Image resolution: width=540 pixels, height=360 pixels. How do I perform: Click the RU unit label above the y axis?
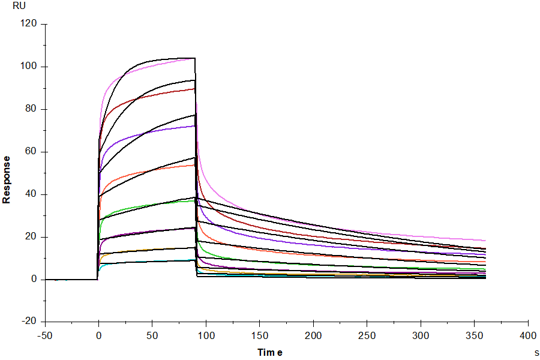(19, 6)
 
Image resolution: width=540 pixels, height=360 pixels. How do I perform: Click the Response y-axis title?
(6, 180)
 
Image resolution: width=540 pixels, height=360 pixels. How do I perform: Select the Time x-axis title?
(270, 352)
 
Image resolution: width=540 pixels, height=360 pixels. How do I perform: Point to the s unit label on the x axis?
(536, 353)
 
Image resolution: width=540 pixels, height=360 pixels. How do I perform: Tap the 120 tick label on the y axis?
(29, 23)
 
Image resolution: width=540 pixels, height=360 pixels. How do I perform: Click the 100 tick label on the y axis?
(29, 66)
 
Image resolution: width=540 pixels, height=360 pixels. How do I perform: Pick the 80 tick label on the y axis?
(31, 109)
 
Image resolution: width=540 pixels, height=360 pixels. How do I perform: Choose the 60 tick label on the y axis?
(31, 151)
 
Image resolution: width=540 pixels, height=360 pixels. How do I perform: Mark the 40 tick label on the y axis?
(31, 194)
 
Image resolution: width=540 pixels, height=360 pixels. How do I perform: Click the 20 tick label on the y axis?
(31, 236)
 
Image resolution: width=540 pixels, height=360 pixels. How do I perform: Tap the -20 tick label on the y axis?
(29, 321)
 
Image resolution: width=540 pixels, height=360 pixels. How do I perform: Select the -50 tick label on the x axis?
(45, 335)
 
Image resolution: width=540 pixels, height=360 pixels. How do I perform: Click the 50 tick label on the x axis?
(152, 335)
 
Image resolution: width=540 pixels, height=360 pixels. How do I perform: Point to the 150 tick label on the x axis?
(260, 335)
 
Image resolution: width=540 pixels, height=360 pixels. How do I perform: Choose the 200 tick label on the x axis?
(313, 335)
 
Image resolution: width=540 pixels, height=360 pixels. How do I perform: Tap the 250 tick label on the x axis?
(367, 335)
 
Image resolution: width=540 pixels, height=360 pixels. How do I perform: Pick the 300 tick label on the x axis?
(421, 335)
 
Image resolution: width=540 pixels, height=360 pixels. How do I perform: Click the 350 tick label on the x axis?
(475, 335)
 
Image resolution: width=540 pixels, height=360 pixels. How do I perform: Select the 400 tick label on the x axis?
(528, 335)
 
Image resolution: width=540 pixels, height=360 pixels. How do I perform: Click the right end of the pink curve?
(485, 241)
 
